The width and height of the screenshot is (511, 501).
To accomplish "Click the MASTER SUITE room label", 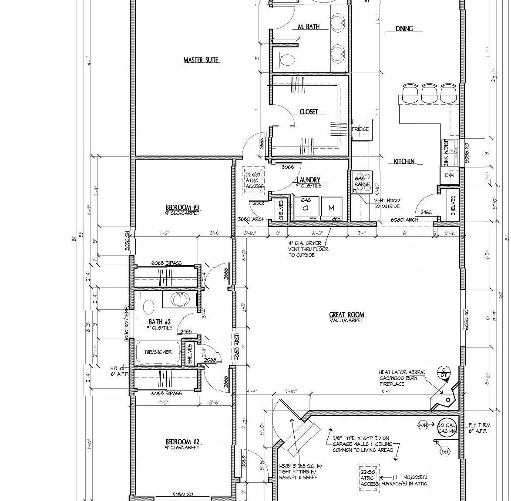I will tap(201, 60).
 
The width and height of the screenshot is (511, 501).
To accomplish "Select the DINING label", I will tap(404, 29).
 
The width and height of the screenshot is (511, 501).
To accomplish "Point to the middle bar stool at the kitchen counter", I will tap(429, 94).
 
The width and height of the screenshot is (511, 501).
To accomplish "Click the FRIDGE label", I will tap(360, 129).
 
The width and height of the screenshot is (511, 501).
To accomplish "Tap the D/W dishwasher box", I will tap(449, 175).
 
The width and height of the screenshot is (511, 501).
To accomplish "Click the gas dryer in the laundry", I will tap(306, 208).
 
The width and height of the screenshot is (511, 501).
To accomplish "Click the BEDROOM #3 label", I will tap(182, 207).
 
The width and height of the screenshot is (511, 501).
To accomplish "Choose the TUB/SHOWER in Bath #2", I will tap(158, 352).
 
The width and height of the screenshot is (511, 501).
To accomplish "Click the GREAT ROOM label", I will tap(346, 315).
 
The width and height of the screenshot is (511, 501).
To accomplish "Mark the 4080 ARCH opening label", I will tap(237, 346).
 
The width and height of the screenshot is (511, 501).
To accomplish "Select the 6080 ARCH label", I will tap(404, 220).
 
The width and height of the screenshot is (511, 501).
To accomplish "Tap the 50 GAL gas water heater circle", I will tap(446, 428).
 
